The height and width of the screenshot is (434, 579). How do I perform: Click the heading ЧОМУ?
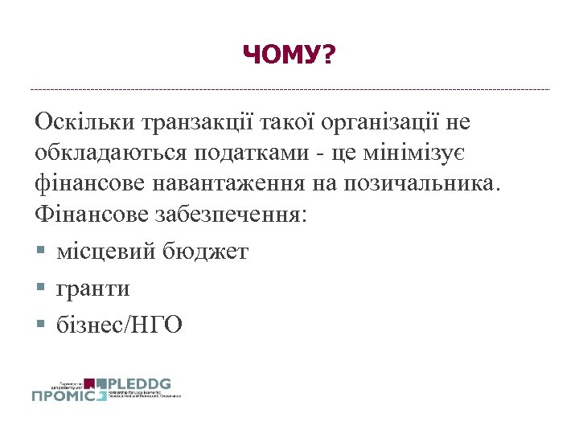coord(289,55)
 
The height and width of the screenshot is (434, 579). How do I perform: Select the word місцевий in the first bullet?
coord(101,252)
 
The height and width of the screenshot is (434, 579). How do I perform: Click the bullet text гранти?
coord(93,288)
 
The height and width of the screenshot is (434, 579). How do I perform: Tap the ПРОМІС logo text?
coord(68,395)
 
